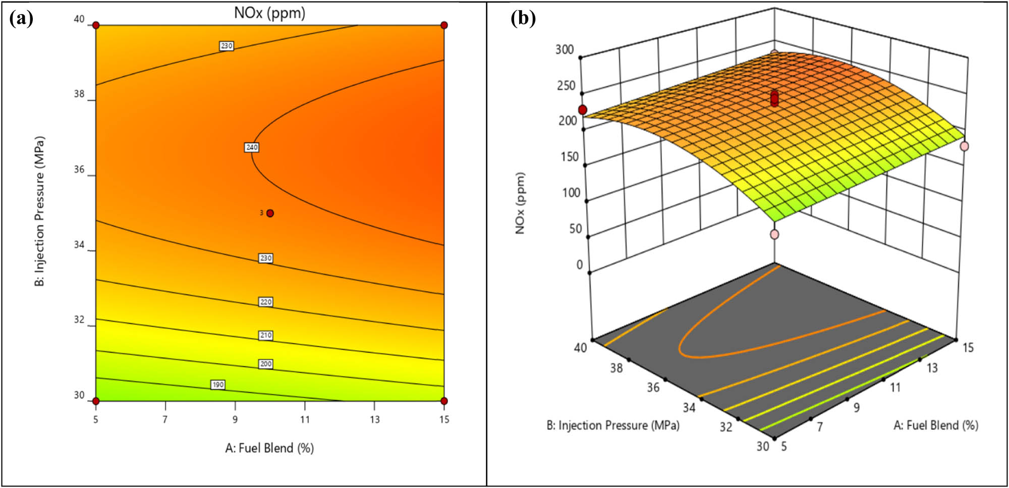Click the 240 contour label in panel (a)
pyautogui.click(x=251, y=147)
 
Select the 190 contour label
pyautogui.click(x=217, y=385)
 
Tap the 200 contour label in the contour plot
pyautogui.click(x=265, y=364)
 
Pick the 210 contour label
pyautogui.click(x=265, y=335)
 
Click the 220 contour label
pyautogui.click(x=265, y=302)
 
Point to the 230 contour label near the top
pyautogui.click(x=226, y=46)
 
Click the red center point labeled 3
pyautogui.click(x=270, y=213)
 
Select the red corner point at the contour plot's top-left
pyautogui.click(x=96, y=25)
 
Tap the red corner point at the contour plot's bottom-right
pyautogui.click(x=444, y=401)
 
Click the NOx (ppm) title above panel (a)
pyautogui.click(x=269, y=12)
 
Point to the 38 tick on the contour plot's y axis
pyautogui.click(x=79, y=94)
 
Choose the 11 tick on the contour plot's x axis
pyautogui.click(x=305, y=419)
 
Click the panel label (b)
pyautogui.click(x=523, y=18)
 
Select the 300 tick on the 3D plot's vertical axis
pyautogui.click(x=565, y=49)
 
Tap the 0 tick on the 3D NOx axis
pyautogui.click(x=579, y=264)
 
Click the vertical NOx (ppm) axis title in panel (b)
pyautogui.click(x=520, y=203)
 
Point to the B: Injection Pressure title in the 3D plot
pyautogui.click(x=612, y=425)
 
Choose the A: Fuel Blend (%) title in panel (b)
pyautogui.click(x=935, y=425)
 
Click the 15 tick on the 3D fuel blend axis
pyautogui.click(x=968, y=348)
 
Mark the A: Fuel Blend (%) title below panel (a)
pyautogui.click(x=269, y=448)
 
